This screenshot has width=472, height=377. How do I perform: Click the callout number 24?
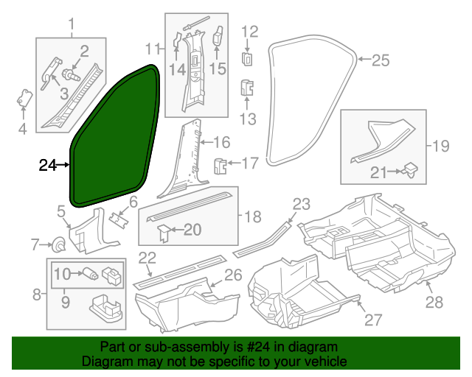(47, 166)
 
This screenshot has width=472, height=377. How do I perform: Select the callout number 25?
(379, 60)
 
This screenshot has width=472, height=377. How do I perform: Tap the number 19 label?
(440, 146)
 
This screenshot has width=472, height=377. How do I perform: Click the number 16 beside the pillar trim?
(222, 142)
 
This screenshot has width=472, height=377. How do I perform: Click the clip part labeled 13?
(248, 88)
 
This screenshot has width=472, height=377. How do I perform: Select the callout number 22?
(147, 258)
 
